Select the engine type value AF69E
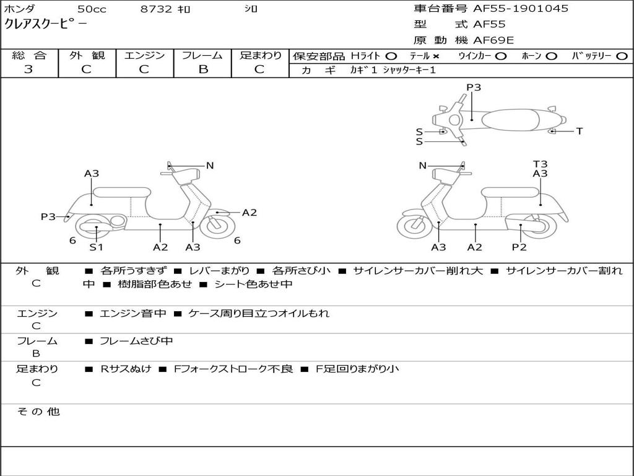coord(493,40)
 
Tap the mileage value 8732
coord(157,9)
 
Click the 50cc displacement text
coord(92,9)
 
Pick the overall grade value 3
coord(28,69)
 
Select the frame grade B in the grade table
coord(202,69)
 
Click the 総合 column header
coord(29,55)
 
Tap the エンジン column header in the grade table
coord(144,55)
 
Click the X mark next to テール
coord(436,56)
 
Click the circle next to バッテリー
coord(622,56)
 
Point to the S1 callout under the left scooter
coord(96,247)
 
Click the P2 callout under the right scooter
coord(519,247)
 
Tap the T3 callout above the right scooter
coord(540,164)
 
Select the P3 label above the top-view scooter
coord(474,87)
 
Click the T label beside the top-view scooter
coord(579,131)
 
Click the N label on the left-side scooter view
coord(210,165)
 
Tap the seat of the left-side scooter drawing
coord(122,192)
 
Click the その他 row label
coord(38,412)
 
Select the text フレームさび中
coord(136,341)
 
